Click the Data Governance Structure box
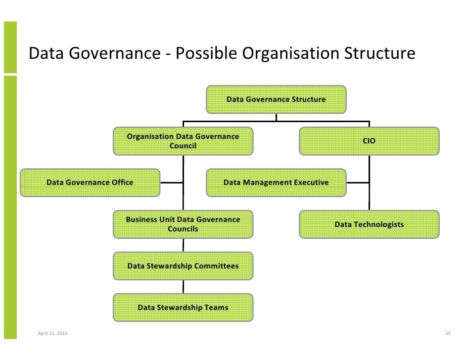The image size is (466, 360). [276, 99]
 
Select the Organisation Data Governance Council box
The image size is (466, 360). [183, 141]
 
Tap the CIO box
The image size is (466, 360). [369, 141]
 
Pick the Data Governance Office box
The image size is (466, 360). [90, 182]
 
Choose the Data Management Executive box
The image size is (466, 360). [276, 182]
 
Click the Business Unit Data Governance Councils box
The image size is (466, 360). [183, 224]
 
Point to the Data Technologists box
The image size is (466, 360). [369, 225]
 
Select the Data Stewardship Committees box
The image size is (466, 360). [183, 266]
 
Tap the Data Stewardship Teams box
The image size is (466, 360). [183, 308]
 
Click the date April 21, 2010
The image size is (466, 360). [53, 333]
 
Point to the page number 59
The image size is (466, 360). [448, 333]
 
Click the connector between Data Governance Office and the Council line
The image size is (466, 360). [172, 182]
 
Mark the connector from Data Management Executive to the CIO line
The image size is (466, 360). [357, 182]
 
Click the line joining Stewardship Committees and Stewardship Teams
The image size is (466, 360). [184, 287]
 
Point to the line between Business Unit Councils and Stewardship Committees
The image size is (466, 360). [184, 245]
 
